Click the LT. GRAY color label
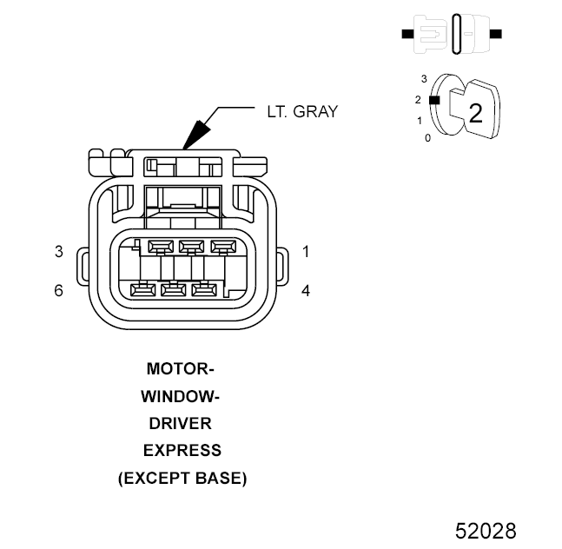tap(301, 111)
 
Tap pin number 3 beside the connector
tap(59, 252)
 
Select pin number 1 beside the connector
tap(306, 252)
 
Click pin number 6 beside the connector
tap(59, 290)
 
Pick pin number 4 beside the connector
tap(306, 290)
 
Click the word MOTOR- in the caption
tap(181, 368)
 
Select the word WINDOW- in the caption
tap(181, 396)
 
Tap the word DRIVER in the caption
tap(181, 424)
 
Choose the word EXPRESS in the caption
tap(182, 451)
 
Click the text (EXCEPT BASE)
tap(182, 479)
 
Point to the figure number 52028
tap(486, 530)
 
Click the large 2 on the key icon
tap(475, 113)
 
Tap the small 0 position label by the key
tap(427, 138)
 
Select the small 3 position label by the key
tap(423, 78)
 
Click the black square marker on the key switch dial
tap(435, 100)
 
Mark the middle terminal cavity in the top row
tap(190, 246)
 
